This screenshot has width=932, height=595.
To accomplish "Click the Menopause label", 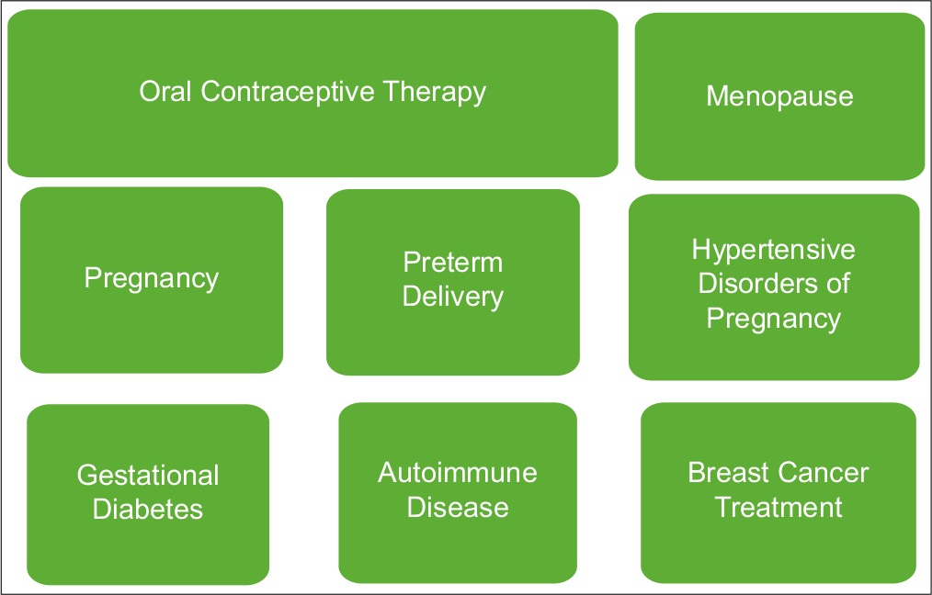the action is coord(779,96).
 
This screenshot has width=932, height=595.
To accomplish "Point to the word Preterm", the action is coord(453,263).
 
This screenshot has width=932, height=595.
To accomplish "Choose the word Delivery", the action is coord(453,297).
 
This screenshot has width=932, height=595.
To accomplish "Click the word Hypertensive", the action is coord(773,251).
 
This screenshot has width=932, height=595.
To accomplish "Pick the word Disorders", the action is coord(753,283).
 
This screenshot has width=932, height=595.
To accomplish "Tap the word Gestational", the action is coord(148,475).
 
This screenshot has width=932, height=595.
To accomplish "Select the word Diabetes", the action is coord(148,510).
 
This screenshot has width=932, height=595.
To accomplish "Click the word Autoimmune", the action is coord(458,473).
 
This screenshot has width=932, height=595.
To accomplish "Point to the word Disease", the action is coord(458,507).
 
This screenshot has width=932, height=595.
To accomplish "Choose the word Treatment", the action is coord(779,507).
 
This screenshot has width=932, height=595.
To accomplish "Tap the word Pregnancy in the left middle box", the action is coord(152,279).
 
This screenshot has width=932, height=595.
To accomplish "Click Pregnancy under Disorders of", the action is coord(773,320).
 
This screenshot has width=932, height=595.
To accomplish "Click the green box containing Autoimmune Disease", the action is coord(458,493).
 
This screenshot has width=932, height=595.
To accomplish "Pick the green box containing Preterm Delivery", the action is coord(453,282).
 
